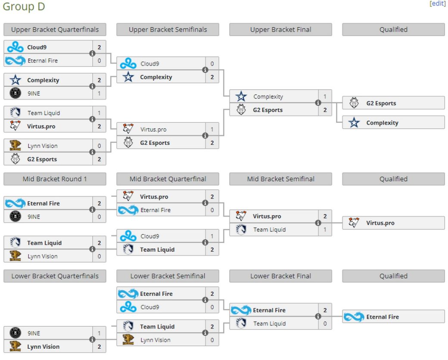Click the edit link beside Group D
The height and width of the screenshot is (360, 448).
[x=437, y=3]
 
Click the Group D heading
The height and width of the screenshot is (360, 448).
[x=24, y=6]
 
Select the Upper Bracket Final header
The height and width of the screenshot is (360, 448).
[x=280, y=29]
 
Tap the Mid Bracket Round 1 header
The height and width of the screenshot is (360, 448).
[x=55, y=179]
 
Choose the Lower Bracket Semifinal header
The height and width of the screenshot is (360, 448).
[x=168, y=276]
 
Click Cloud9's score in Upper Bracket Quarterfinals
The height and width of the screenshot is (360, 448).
[x=99, y=47]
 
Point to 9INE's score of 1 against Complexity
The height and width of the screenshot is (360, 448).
[x=99, y=94]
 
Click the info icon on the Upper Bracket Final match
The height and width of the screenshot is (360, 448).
[x=318, y=103]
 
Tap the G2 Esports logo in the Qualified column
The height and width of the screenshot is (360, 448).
[x=354, y=103]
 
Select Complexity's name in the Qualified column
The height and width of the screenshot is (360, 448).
[x=382, y=123]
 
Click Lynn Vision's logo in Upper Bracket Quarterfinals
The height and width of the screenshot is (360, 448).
[x=16, y=146]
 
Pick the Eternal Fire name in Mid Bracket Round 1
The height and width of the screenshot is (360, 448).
[x=44, y=203]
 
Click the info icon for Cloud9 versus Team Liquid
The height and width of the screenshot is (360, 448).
[x=205, y=242]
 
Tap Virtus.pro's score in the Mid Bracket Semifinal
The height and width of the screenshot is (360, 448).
[x=325, y=216]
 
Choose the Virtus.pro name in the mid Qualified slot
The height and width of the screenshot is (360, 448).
[x=380, y=223]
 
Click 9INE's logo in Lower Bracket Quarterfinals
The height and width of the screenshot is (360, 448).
[x=16, y=333]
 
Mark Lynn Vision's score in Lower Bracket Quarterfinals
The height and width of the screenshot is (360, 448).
[x=99, y=347]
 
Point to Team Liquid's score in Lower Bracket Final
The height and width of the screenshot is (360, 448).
[x=325, y=323]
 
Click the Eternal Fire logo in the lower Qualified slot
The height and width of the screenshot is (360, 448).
[x=354, y=317]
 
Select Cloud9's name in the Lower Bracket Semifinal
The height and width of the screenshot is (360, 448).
[x=150, y=307]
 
